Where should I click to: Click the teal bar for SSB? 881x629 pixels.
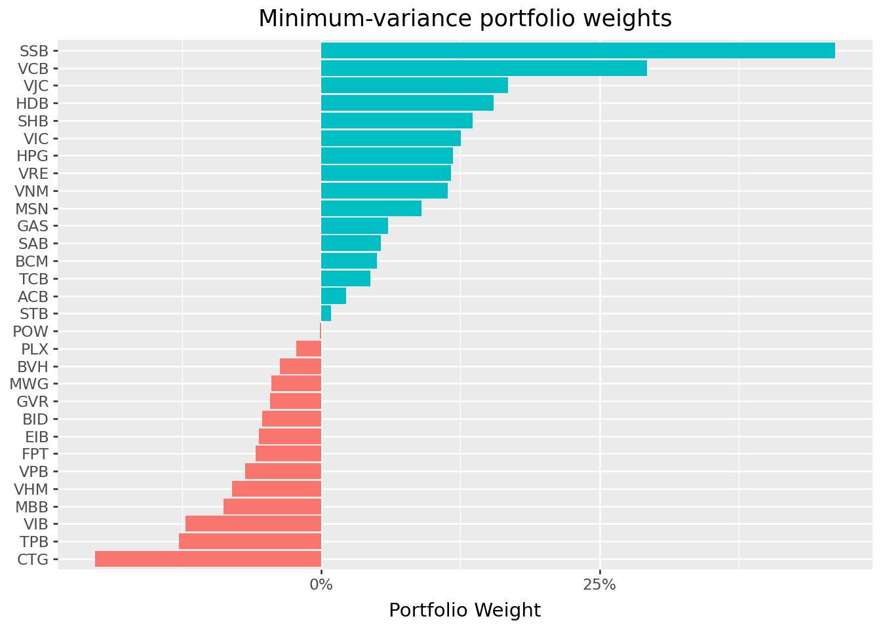point(578,50)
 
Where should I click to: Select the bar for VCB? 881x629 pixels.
point(484,68)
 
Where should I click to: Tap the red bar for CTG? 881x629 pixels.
point(208,559)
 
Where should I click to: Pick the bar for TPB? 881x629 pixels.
point(250,541)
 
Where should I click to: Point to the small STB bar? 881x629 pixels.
point(326,313)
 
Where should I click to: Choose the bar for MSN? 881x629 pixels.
point(371,208)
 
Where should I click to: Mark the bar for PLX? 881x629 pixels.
point(309,349)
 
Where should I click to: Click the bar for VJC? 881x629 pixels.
point(414,85)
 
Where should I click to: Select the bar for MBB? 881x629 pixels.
point(272,506)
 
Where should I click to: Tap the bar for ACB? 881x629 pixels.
point(334,296)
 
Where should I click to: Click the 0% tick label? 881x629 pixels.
point(321,585)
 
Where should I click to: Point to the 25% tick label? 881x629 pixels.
point(599,585)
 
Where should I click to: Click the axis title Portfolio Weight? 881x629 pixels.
point(465,611)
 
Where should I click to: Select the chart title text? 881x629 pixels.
point(465,19)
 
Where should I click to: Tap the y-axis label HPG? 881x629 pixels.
point(31,156)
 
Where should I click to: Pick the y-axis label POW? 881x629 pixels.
point(30,332)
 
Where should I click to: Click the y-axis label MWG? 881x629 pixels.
point(29,384)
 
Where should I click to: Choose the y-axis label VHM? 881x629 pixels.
point(31,489)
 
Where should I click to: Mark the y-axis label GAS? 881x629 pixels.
point(33,226)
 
